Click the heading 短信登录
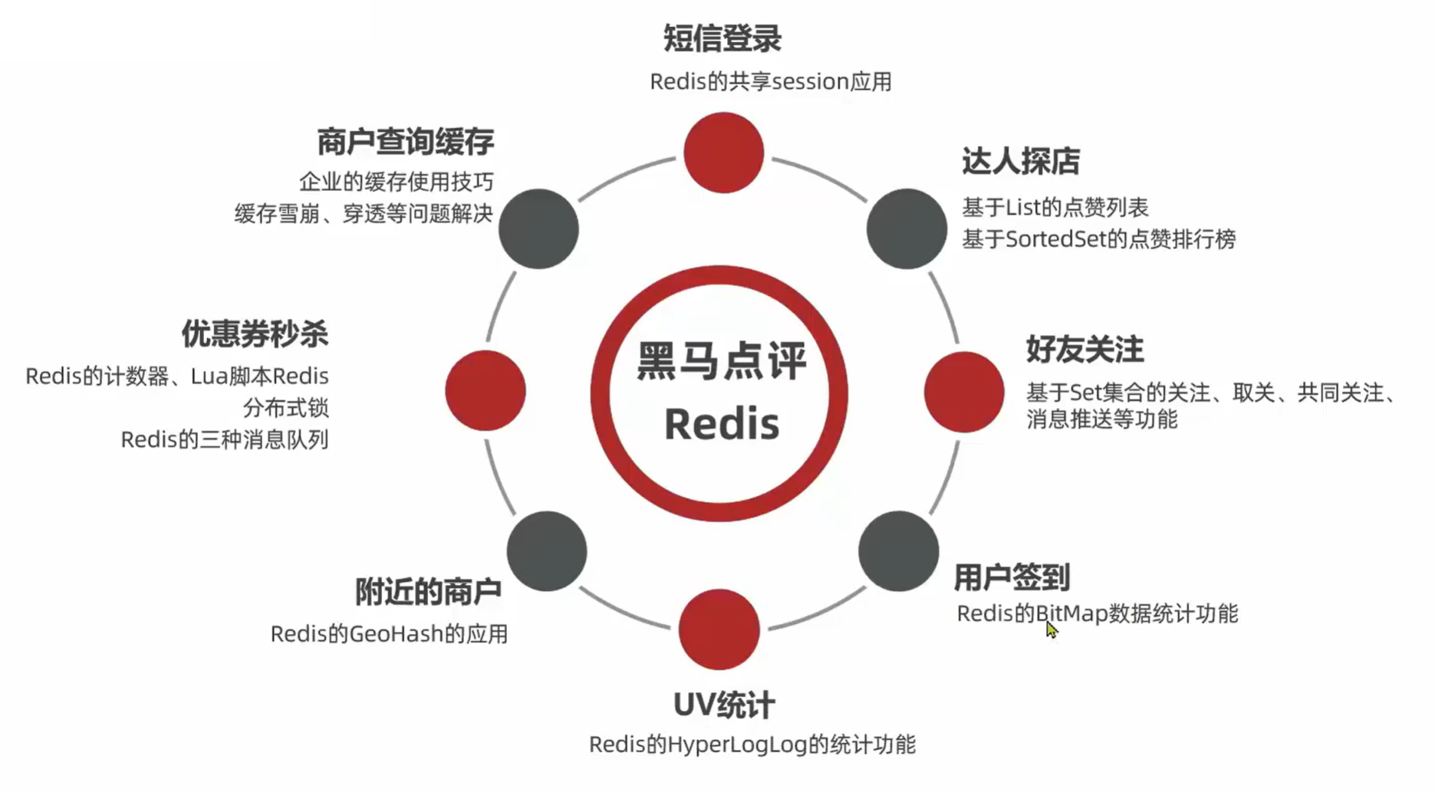coord(722,38)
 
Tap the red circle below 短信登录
coord(722,153)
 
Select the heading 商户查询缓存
coord(405,142)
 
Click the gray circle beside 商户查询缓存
coord(538,228)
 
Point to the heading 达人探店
coord(1020,162)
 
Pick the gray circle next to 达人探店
coord(907,228)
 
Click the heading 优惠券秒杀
coord(255,334)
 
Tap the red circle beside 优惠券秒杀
coord(485,390)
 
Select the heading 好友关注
coord(1084,350)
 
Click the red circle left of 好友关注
coord(963,392)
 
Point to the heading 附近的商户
coord(428,592)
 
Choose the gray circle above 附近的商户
coord(547,551)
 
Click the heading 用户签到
coord(1012,577)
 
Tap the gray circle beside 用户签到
coord(898,551)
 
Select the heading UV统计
coord(724,705)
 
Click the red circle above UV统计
coord(719,629)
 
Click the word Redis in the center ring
coord(721,424)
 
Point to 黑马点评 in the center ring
coord(721,362)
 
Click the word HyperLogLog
coord(737,744)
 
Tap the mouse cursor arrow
coord(1051,629)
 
